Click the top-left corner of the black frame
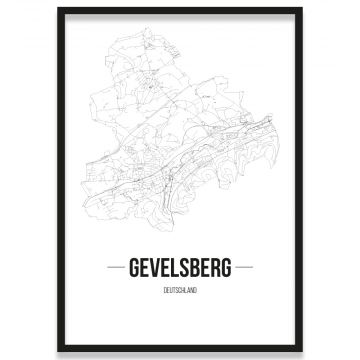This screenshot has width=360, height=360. [58, 8]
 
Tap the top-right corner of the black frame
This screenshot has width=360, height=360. [302, 8]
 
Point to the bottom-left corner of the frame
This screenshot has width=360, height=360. [58, 352]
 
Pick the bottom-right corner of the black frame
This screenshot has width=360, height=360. [302, 352]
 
